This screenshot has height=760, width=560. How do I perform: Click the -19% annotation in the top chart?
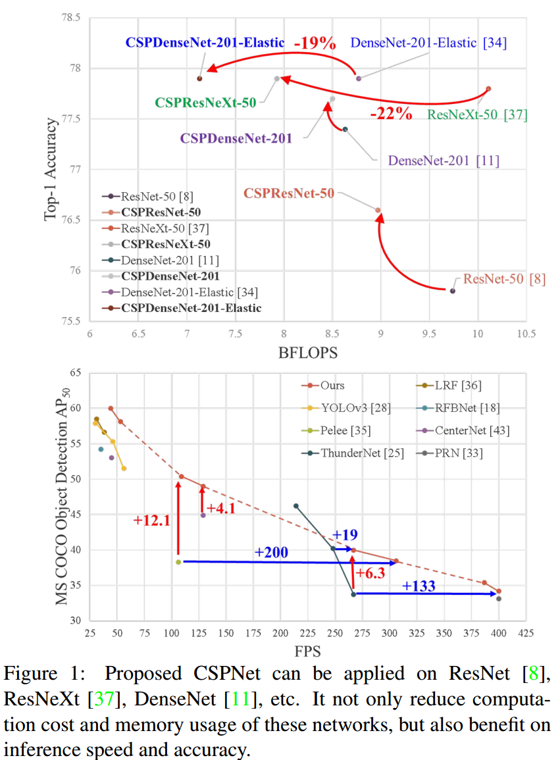coord(315,43)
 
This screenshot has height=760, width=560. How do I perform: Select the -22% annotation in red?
coord(391,113)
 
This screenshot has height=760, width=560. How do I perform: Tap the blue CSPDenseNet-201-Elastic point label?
coord(205,43)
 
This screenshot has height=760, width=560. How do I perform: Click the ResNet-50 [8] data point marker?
coord(452,290)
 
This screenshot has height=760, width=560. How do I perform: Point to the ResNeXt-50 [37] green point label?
coord(477,115)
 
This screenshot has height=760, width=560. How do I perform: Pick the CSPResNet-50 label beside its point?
coord(289,193)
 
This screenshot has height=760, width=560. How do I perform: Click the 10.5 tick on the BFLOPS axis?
coord(525,334)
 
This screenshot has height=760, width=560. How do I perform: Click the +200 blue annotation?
coord(272,551)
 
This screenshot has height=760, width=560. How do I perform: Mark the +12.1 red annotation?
coord(151,520)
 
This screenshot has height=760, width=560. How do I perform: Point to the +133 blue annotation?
coord(419,586)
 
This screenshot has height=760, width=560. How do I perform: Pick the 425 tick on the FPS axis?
coord(525,634)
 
